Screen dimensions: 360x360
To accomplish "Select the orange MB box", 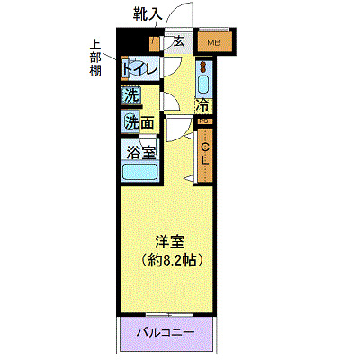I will point(214,42).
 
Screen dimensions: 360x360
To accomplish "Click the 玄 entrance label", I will point(179,41).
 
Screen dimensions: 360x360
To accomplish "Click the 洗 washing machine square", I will point(131,95).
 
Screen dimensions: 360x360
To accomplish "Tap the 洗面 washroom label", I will point(139,121).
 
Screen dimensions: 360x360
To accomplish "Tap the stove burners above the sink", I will point(203,67).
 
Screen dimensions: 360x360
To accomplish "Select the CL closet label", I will point(205,154).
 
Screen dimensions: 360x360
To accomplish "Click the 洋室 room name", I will point(167,241).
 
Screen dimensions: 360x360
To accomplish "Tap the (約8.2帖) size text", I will point(167,260).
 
